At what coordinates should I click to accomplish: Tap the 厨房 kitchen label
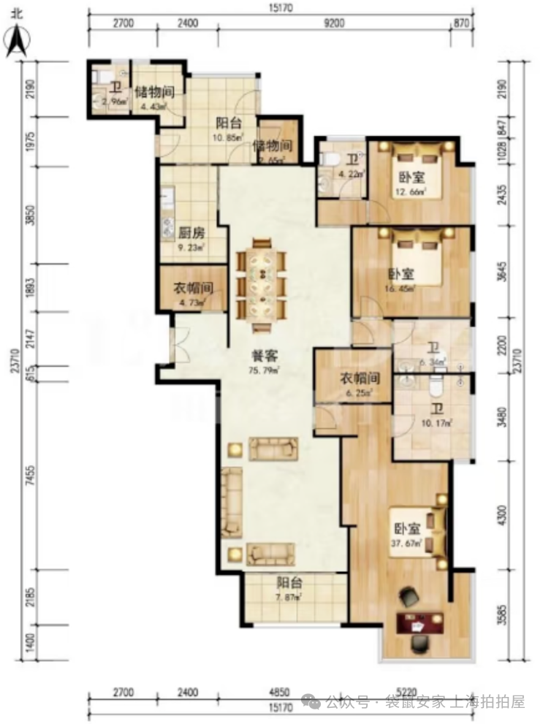pos(191,234)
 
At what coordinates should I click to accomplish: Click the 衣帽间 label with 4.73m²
pos(191,288)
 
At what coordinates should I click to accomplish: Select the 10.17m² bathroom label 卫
pos(433,411)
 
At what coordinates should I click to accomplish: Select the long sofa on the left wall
pos(232,503)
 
